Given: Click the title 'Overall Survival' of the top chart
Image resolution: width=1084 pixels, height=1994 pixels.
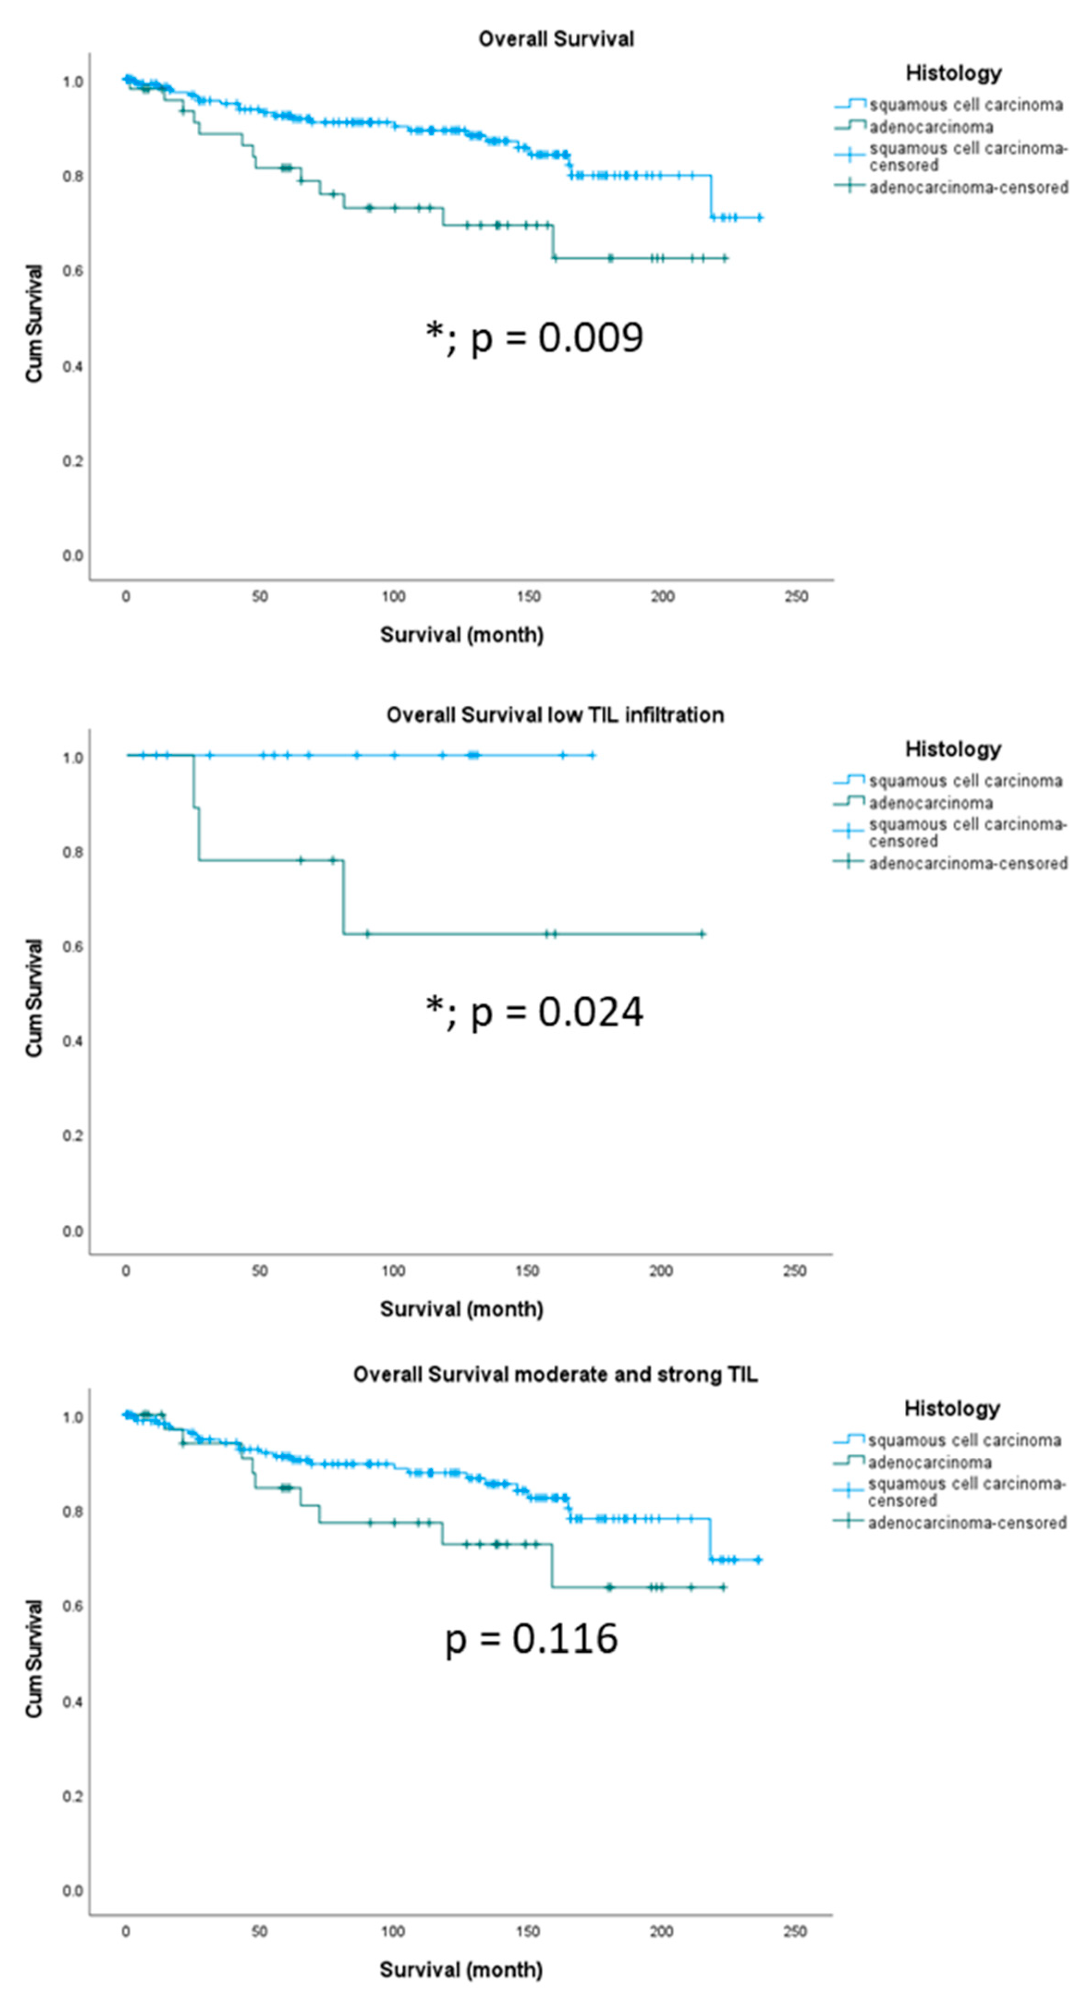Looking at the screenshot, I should tap(556, 39).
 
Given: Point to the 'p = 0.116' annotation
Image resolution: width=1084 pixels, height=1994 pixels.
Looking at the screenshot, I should tap(531, 1639).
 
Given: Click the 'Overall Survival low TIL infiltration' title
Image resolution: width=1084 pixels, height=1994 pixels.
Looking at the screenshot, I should tap(555, 715).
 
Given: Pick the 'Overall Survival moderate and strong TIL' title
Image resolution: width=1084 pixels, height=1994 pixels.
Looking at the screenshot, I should tap(555, 1375).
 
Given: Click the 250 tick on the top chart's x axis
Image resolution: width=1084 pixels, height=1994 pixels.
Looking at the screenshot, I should tap(796, 597).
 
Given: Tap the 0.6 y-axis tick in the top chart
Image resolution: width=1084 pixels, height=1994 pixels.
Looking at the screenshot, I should tap(73, 271).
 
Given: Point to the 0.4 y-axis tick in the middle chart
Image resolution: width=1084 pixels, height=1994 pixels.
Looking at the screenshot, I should tap(73, 1041).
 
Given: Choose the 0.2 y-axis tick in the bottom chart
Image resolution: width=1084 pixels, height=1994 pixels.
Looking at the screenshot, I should tap(73, 1796).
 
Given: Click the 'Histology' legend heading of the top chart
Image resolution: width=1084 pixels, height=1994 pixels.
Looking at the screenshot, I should tap(953, 73).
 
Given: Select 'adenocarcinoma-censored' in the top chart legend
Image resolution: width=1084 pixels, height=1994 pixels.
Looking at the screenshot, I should tap(968, 188).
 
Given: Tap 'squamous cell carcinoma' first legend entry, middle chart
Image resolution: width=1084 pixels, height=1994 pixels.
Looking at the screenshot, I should tap(965, 781).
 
